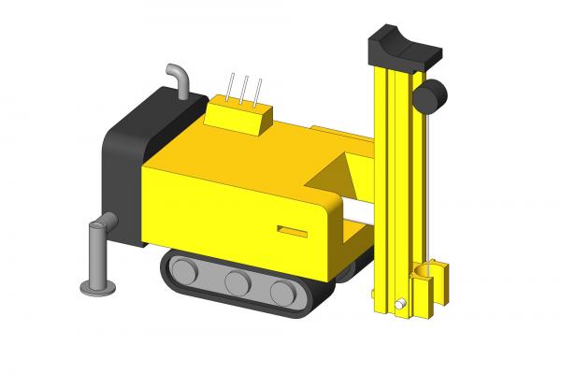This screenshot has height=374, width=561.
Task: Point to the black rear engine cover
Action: click(126, 168)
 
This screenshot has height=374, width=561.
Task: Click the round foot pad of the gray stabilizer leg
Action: click(95, 286)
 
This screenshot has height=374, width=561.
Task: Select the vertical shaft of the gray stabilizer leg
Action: click(95, 252)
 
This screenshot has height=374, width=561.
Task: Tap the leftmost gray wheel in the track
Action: click(184, 272)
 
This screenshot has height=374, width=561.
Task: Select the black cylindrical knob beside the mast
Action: click(432, 95)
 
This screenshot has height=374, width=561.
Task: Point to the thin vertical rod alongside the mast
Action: click(431, 187)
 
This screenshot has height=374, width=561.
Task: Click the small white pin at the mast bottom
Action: click(400, 303)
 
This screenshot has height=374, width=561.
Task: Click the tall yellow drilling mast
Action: click(393, 187)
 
